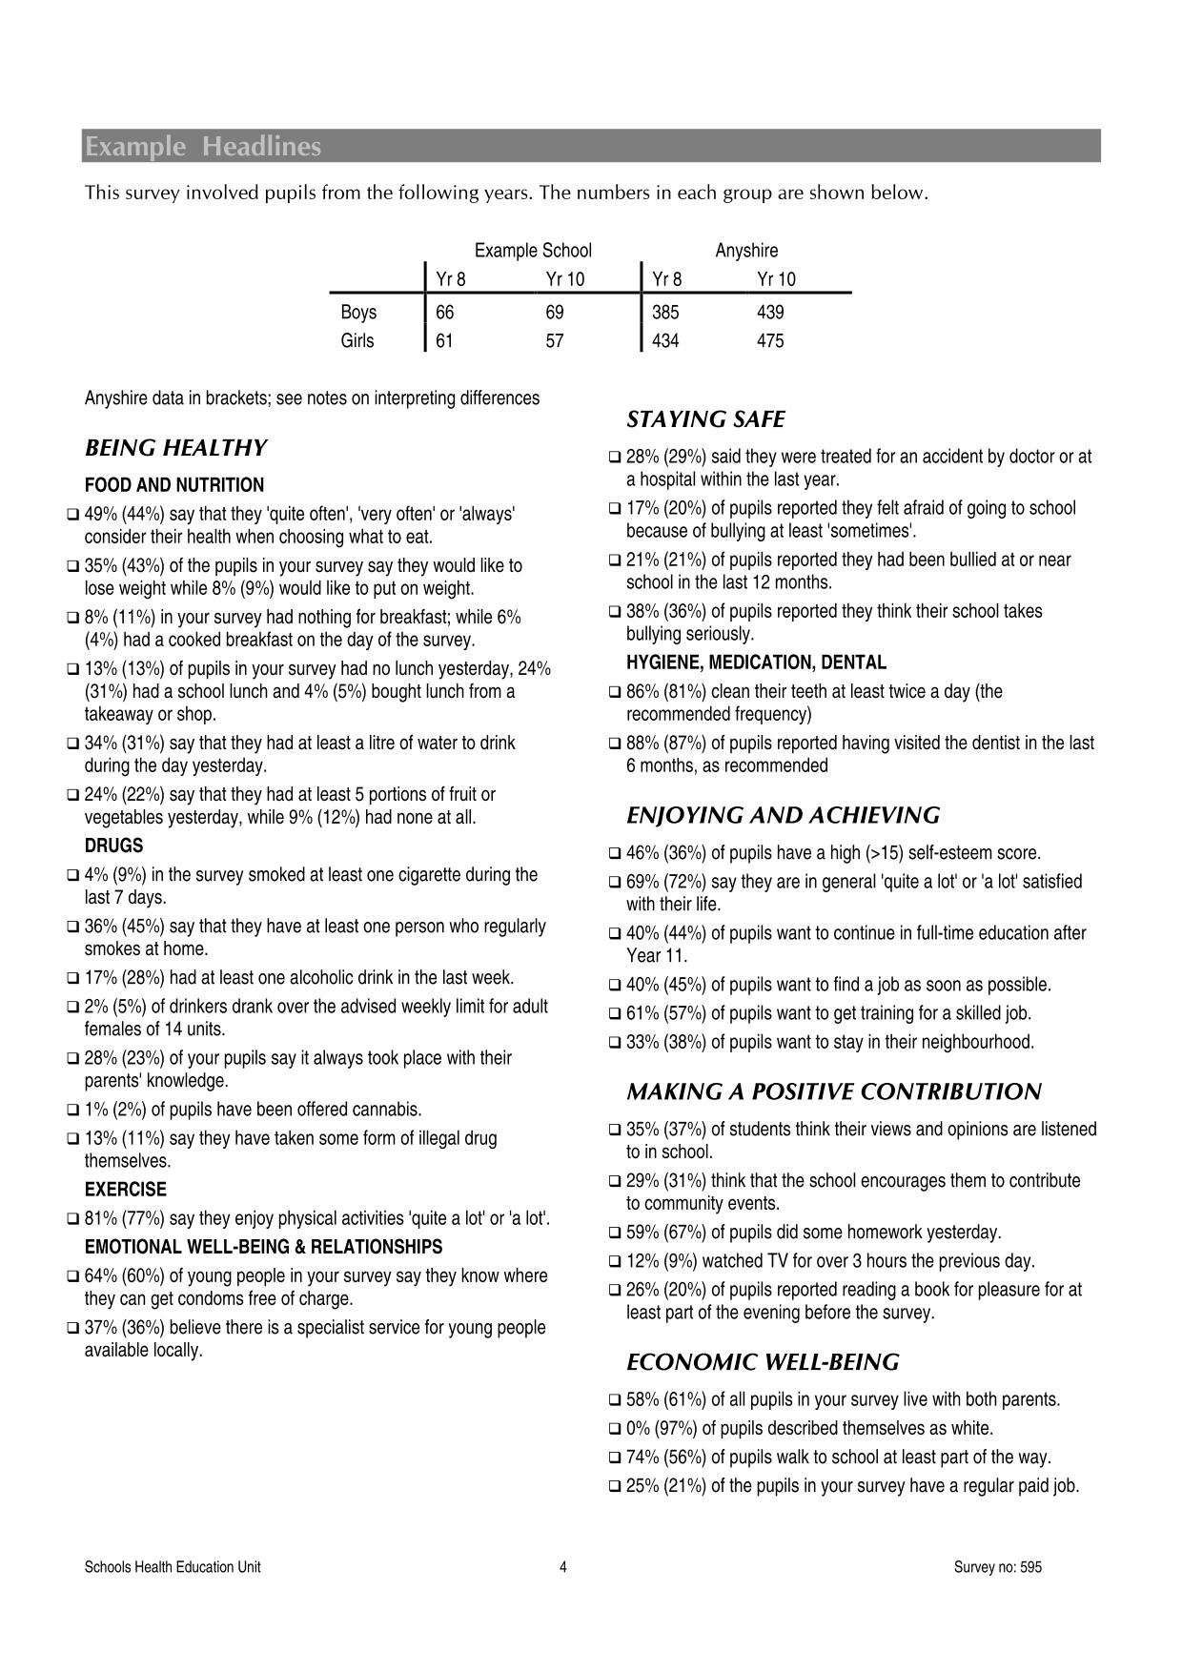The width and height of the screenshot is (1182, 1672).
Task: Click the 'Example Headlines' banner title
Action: [x=203, y=147]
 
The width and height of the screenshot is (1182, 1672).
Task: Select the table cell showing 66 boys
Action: [x=444, y=313]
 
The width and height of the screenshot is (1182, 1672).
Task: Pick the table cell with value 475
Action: [x=770, y=341]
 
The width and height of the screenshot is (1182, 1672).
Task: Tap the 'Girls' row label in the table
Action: [x=357, y=341]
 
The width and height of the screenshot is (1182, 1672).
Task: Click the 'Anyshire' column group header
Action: [x=746, y=251]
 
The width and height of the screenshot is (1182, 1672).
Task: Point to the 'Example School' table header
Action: [x=533, y=251]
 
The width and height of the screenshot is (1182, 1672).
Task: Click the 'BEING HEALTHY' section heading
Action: [x=176, y=448]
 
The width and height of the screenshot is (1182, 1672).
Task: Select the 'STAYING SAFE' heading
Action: [x=705, y=419]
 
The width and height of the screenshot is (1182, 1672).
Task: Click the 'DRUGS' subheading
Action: [x=113, y=846]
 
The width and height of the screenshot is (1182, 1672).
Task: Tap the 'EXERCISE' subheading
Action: [x=125, y=1190]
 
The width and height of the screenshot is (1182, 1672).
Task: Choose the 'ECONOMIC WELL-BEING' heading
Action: [x=763, y=1362]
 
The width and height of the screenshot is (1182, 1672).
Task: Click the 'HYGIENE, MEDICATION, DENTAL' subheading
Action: [x=756, y=663]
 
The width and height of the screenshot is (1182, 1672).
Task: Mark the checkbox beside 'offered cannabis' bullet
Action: [x=73, y=1111]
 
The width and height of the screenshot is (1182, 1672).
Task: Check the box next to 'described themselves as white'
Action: [x=615, y=1429]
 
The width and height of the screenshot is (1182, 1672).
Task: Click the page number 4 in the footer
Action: [x=563, y=1567]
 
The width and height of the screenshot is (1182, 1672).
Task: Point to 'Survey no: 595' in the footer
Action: [x=997, y=1567]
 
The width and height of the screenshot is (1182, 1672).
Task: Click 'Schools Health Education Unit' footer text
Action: [x=173, y=1567]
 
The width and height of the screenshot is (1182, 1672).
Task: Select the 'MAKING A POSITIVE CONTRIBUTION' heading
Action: [x=834, y=1091]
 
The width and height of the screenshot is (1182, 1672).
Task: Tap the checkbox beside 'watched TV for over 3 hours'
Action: [x=615, y=1262]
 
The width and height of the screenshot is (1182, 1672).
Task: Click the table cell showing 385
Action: [x=665, y=313]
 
